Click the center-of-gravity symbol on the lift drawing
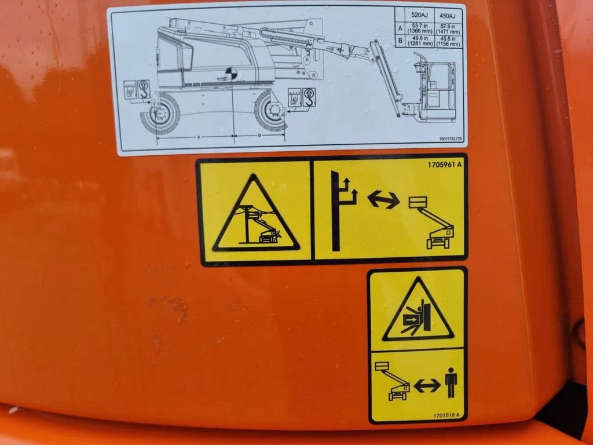pos(232,74)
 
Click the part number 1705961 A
pos(445,165)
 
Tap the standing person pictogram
pos(451,383)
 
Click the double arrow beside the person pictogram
pos(427,384)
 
